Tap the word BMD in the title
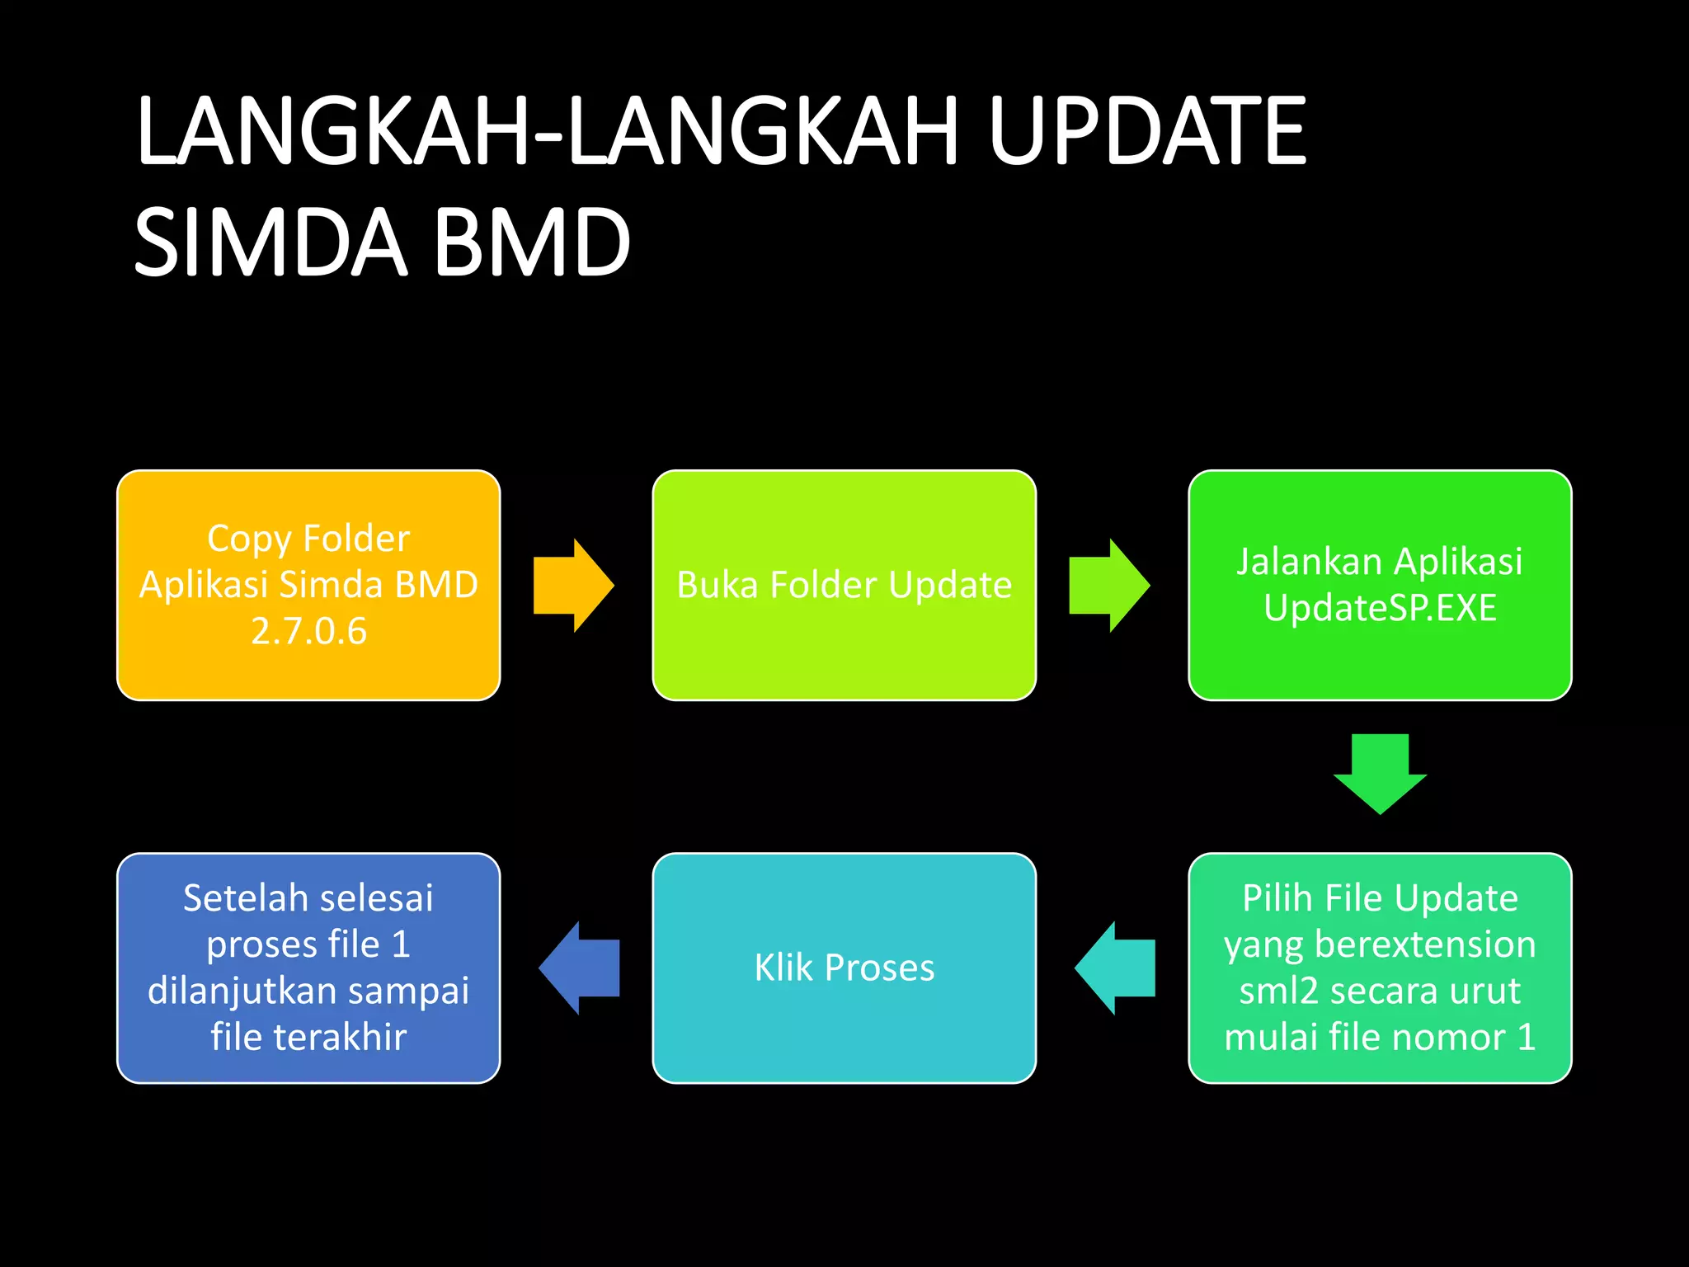point(532,243)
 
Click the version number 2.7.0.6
point(308,632)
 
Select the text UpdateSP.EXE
point(1380,609)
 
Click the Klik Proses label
point(844,968)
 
